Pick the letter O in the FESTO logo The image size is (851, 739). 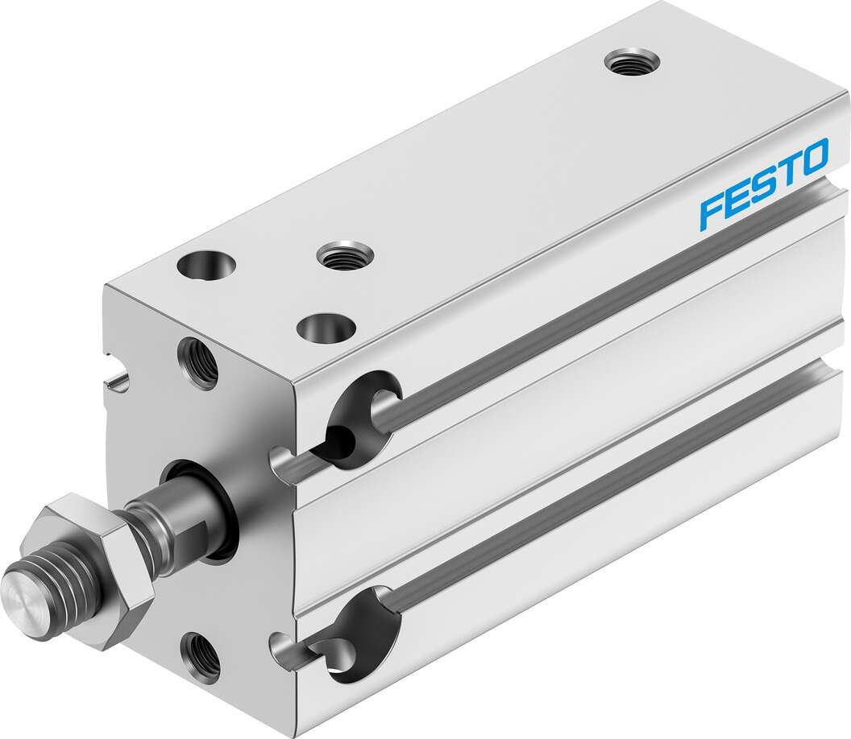813,157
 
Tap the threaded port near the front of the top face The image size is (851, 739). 345,254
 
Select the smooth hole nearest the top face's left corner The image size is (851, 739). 205,265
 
